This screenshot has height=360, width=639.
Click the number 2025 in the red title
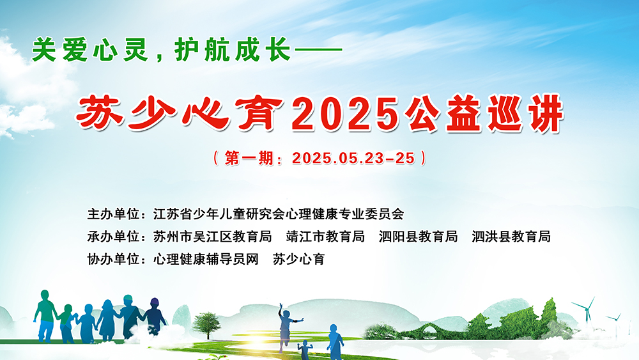(x=345, y=114)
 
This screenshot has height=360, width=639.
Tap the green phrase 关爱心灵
(x=89, y=50)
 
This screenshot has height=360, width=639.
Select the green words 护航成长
(x=233, y=50)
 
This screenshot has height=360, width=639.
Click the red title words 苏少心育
(x=180, y=114)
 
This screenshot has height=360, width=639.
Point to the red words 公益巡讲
(x=484, y=114)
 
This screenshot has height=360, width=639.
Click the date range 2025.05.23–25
(x=353, y=158)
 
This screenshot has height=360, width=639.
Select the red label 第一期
(x=249, y=158)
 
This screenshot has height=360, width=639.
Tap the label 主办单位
(x=113, y=214)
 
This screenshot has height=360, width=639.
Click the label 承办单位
(x=113, y=237)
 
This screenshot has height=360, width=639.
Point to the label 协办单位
(x=113, y=259)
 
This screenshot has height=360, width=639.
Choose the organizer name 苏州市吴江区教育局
(x=212, y=237)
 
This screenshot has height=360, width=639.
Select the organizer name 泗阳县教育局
(x=418, y=237)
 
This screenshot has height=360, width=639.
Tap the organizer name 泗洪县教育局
(x=511, y=237)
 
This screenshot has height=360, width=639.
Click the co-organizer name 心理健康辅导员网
(x=206, y=259)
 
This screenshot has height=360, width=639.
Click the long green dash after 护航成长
(x=318, y=50)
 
